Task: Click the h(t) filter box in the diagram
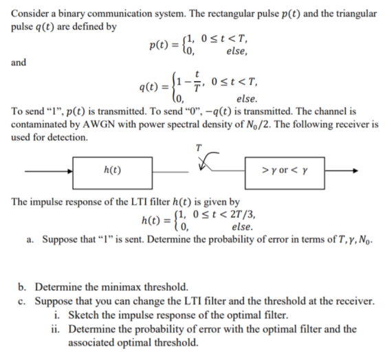point(113,173)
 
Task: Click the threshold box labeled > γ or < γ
point(285,173)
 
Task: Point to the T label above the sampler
point(199,148)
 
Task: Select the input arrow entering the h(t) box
point(49,171)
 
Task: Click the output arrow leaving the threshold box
point(342,171)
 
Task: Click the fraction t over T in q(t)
point(197,81)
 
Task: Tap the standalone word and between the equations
point(19,63)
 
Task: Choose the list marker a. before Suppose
point(30,239)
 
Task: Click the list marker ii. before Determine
point(56,329)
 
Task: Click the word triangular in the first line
point(356,14)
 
